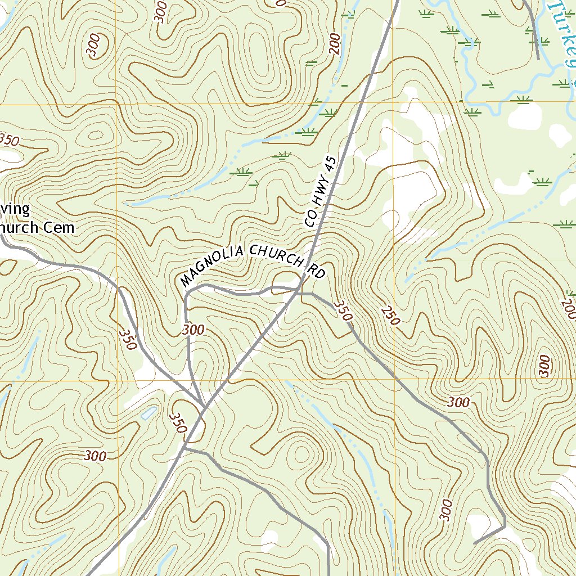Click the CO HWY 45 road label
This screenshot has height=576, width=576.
click(x=320, y=192)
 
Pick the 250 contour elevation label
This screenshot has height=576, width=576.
click(x=390, y=316)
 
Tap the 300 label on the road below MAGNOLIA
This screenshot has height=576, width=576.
click(x=193, y=330)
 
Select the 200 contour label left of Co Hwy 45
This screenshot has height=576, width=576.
click(x=336, y=43)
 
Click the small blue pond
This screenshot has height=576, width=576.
click(x=148, y=413)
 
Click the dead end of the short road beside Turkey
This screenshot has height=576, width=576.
click(x=538, y=58)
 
